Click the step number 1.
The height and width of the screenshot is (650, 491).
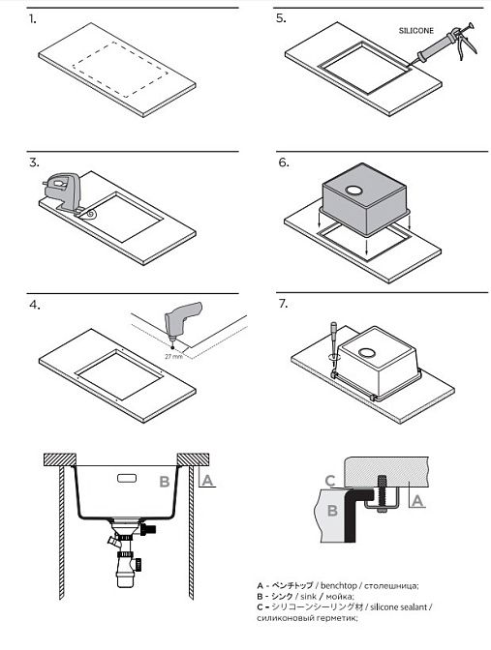pos(32,19)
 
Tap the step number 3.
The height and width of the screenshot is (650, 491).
pos(34,162)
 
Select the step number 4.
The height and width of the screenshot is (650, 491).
pos(35,305)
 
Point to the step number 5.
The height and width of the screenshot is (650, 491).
pos(281,18)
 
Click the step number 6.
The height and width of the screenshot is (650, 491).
pos(284,162)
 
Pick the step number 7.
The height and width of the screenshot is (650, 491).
pos(283,304)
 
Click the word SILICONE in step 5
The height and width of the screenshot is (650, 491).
pos(415,31)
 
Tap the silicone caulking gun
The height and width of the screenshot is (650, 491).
pos(446,44)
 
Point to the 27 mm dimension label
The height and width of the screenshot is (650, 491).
pos(173,357)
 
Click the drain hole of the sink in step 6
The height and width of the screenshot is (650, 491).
pos(353,191)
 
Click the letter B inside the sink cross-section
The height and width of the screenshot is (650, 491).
pos(165,482)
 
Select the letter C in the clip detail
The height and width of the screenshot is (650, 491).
pos(330,481)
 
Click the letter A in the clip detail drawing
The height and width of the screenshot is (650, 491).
pos(417,501)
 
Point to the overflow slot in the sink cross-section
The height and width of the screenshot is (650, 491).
pos(128,478)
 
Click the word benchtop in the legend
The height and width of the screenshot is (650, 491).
pos(338,586)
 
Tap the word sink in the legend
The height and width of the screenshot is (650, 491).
pos(308,597)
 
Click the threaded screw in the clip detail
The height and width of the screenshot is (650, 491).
pos(382,494)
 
